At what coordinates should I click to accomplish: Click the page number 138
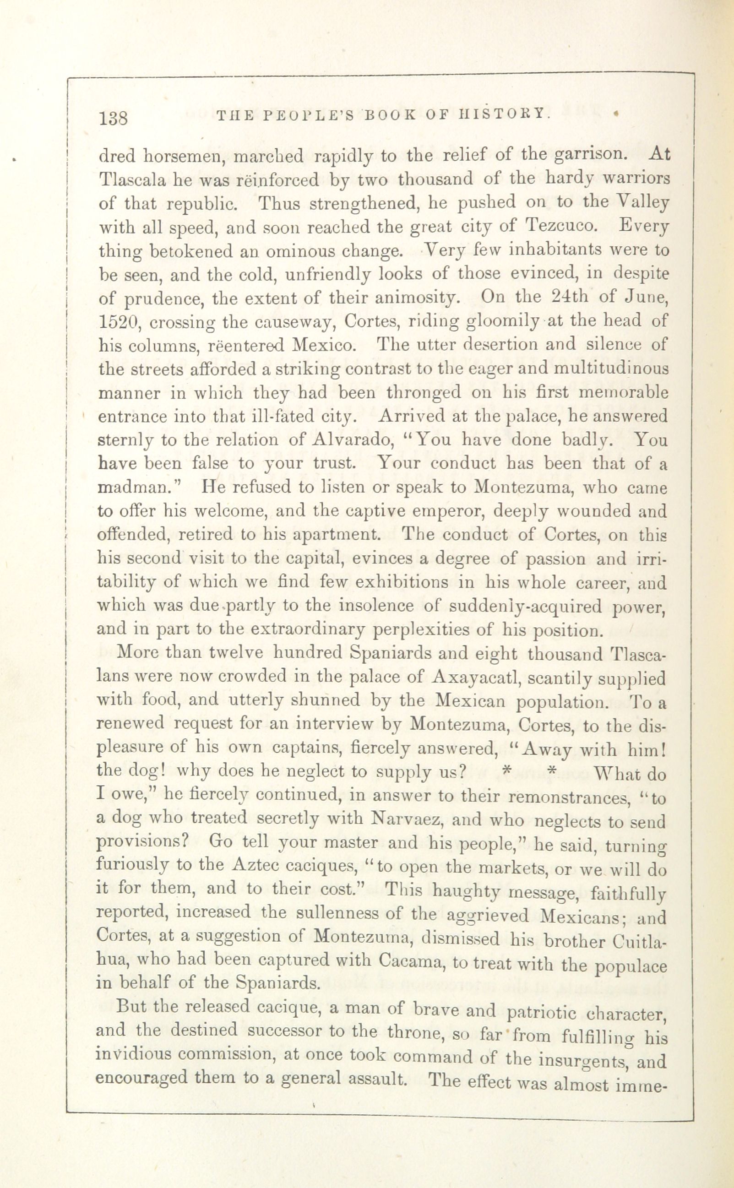pyautogui.click(x=113, y=118)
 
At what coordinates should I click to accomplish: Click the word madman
pyautogui.click(x=137, y=487)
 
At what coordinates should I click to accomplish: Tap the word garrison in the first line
pyautogui.click(x=589, y=156)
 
